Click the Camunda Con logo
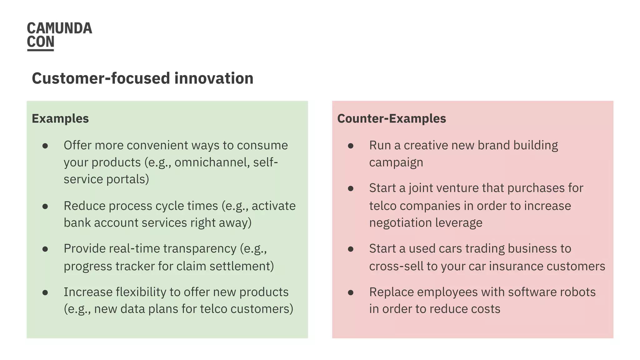59,36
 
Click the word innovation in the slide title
214,78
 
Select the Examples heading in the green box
60,119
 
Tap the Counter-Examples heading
392,119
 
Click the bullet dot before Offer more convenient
45,146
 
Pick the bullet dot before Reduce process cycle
45,206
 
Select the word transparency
200,249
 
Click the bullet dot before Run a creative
351,146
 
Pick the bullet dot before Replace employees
351,292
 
